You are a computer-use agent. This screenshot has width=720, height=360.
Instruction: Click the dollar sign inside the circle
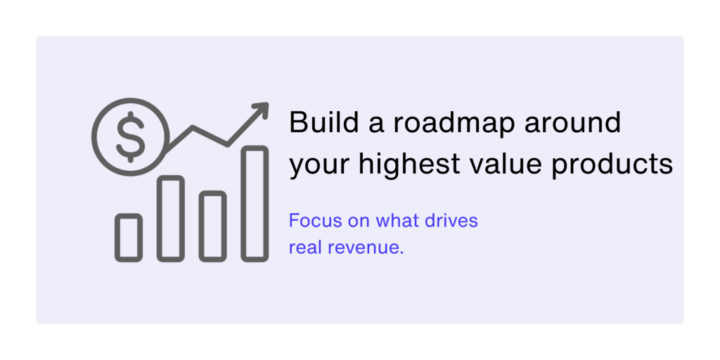click(x=130, y=137)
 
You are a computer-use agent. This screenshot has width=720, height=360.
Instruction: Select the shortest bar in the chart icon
click(x=129, y=238)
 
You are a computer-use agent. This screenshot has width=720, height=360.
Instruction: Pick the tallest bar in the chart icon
click(x=255, y=204)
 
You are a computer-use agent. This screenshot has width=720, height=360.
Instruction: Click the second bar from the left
click(x=171, y=219)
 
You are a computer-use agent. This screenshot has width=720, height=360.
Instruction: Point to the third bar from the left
click(x=212, y=226)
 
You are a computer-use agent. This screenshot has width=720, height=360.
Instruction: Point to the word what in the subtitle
click(x=397, y=221)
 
